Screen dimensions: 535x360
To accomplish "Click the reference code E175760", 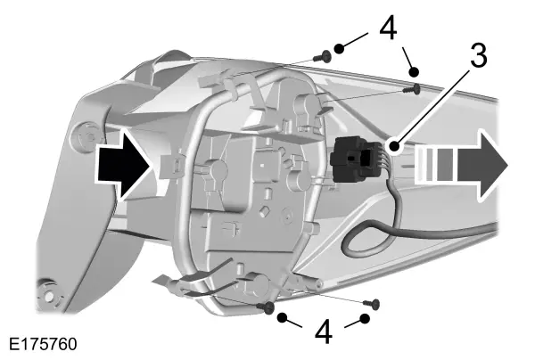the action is tap(43, 344).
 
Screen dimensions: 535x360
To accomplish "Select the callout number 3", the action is tap(478, 55).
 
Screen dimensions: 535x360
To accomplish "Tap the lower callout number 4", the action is tap(323, 331).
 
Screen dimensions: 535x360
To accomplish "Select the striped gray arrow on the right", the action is tap(461, 165).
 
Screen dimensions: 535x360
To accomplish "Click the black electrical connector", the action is tap(356, 159).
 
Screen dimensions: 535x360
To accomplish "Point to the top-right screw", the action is tap(411, 89).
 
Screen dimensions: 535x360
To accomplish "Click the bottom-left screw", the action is tap(266, 307).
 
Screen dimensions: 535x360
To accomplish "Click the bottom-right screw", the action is tap(372, 303).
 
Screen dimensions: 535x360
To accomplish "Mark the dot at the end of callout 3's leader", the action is tap(394, 146).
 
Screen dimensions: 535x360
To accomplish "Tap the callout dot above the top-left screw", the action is tap(339, 49).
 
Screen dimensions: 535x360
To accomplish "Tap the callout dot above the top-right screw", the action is tap(414, 72).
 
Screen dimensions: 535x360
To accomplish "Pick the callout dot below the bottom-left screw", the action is tap(282, 318).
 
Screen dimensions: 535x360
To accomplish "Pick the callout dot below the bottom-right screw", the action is tap(365, 319).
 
